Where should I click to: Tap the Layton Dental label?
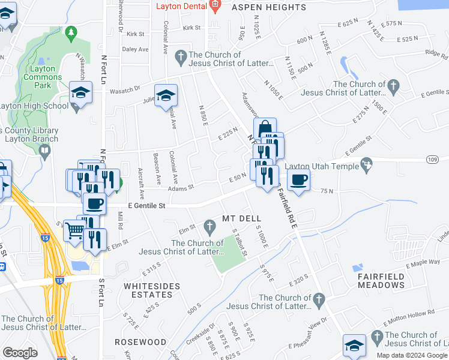[181, 7]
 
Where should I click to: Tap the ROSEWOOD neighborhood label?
[144, 342]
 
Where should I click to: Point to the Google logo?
[20, 353]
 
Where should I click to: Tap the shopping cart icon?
[74, 229]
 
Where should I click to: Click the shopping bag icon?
[264, 128]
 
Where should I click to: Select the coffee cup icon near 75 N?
[298, 179]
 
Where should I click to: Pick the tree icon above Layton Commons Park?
[71, 31]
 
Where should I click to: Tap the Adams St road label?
[181, 187]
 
